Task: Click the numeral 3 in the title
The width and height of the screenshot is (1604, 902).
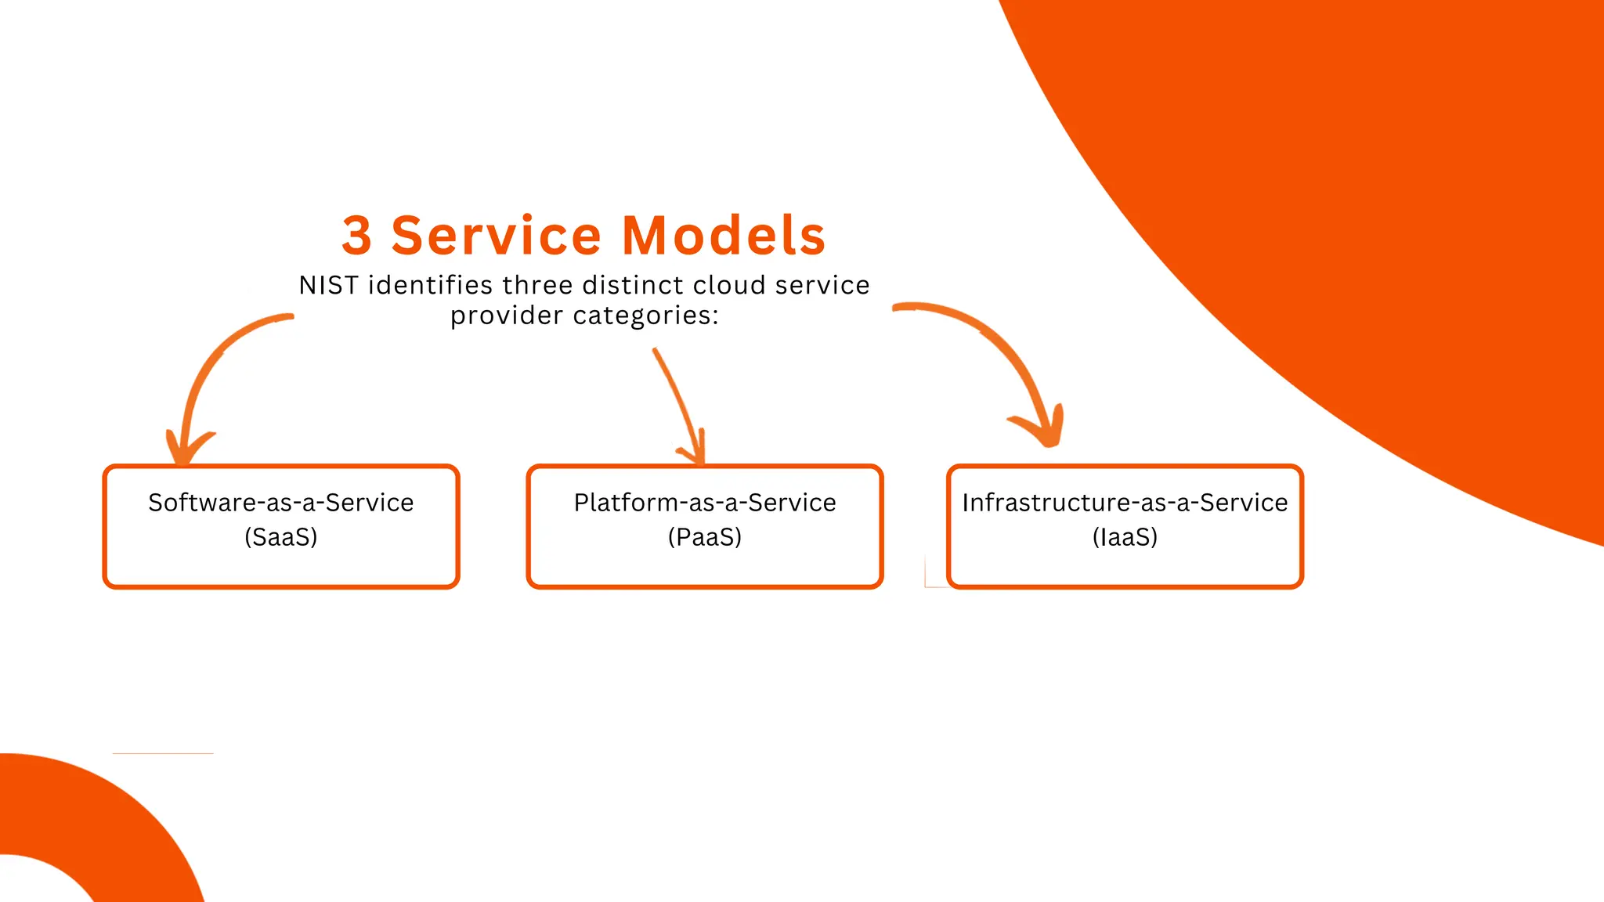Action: pyautogui.click(x=356, y=236)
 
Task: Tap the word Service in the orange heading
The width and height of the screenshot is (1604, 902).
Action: pyautogui.click(x=496, y=236)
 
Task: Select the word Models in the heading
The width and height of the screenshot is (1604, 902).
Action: pyautogui.click(x=724, y=236)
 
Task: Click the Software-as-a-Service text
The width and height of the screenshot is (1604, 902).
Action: pyautogui.click(x=280, y=503)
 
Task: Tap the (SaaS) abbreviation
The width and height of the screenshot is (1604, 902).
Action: pyautogui.click(x=280, y=537)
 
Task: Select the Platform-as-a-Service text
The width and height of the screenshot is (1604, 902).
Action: pyautogui.click(x=704, y=503)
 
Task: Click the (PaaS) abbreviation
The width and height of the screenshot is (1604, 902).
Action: pyautogui.click(x=704, y=537)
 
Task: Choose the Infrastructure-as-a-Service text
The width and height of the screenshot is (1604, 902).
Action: pyautogui.click(x=1125, y=503)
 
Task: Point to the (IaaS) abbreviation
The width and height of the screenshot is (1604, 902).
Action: pyautogui.click(x=1125, y=537)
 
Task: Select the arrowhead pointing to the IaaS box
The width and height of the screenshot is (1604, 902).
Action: pyautogui.click(x=1046, y=431)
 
